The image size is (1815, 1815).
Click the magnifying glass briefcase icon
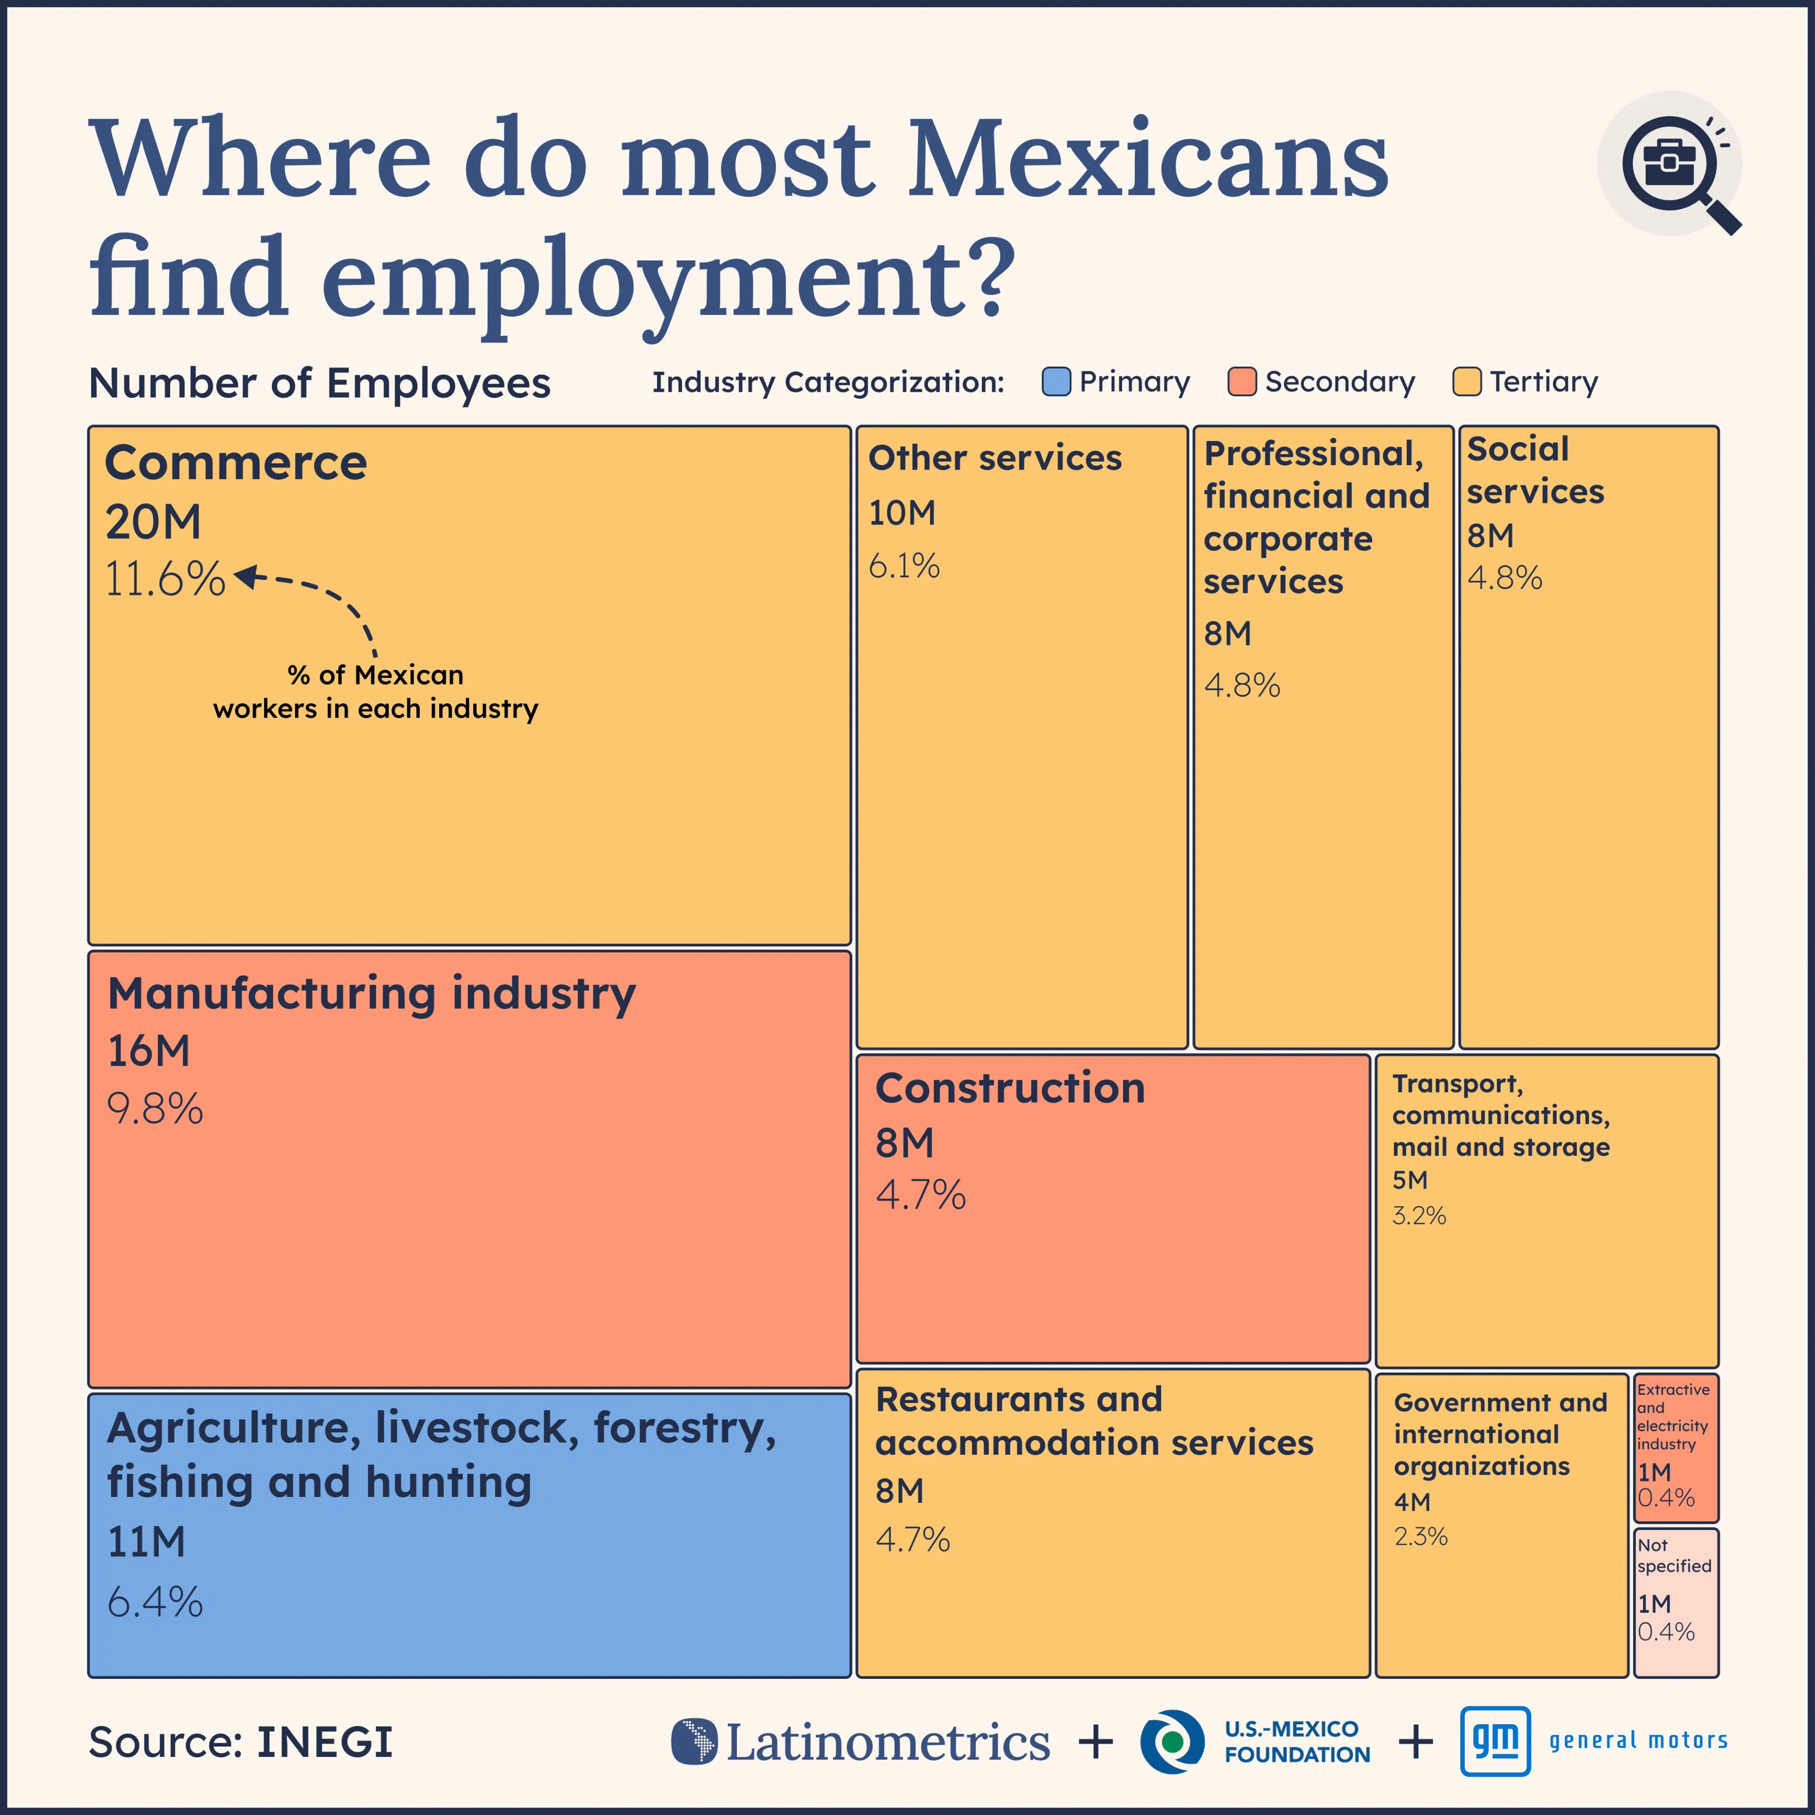1670,164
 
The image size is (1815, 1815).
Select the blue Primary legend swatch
1056,381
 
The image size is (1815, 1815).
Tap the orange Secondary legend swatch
1242,381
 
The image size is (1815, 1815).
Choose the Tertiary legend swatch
1467,381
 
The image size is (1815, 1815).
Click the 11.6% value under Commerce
164,579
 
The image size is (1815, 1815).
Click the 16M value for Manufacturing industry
148,1050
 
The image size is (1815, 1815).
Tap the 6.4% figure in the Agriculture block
155,1602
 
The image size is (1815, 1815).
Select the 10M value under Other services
902,513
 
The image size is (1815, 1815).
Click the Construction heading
1010,1088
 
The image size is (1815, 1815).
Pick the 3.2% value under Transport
1418,1216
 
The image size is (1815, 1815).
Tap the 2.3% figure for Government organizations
1420,1537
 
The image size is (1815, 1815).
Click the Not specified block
1676,1603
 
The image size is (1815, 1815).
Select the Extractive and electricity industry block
1676,1447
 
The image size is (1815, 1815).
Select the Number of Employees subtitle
320,383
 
